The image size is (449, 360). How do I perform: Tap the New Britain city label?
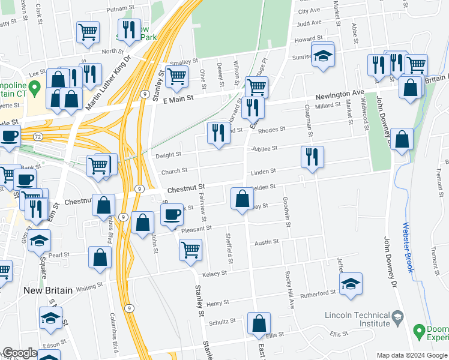point(48,290)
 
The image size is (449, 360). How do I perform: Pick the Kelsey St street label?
point(215,273)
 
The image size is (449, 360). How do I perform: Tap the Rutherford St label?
point(318,293)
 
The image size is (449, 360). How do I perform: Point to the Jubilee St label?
point(265,148)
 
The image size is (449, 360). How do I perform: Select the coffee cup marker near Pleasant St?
point(172,214)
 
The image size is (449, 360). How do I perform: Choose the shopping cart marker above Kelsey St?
point(190,249)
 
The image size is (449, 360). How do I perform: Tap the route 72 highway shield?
point(37,137)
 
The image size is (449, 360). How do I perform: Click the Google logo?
point(20,353)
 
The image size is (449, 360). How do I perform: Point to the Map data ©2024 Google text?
point(411,355)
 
